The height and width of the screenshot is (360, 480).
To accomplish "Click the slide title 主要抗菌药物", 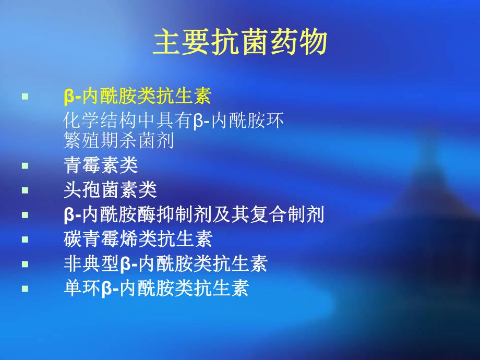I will pyautogui.click(x=240, y=43).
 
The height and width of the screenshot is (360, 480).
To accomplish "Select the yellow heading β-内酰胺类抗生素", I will pyautogui.click(x=137, y=97).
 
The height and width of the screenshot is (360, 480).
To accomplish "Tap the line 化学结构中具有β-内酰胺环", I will pyautogui.click(x=173, y=121).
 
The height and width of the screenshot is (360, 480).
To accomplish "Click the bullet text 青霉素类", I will pyautogui.click(x=101, y=165).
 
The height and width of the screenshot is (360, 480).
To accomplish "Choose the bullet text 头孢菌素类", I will pyautogui.click(x=110, y=190).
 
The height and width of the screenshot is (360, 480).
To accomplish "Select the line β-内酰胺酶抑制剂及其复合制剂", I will pyautogui.click(x=194, y=214).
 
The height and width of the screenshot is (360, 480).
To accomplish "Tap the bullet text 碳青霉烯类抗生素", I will pyautogui.click(x=138, y=239).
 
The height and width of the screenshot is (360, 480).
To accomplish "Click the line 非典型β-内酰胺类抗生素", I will pyautogui.click(x=165, y=263).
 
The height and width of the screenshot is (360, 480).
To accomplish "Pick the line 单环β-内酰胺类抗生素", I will pyautogui.click(x=156, y=288).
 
